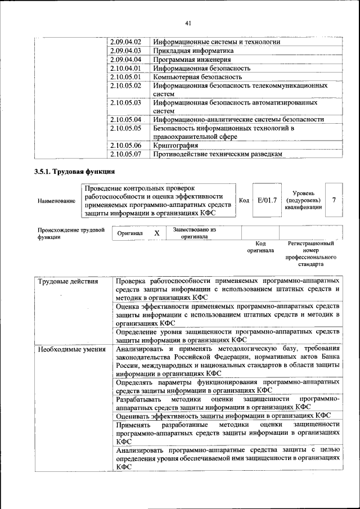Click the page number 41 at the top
[x=188, y=23]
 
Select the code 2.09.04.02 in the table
[x=125, y=42]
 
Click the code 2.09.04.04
[x=125, y=59]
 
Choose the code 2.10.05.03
[x=125, y=103]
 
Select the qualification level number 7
[x=334, y=200]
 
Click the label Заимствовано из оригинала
[x=194, y=233]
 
